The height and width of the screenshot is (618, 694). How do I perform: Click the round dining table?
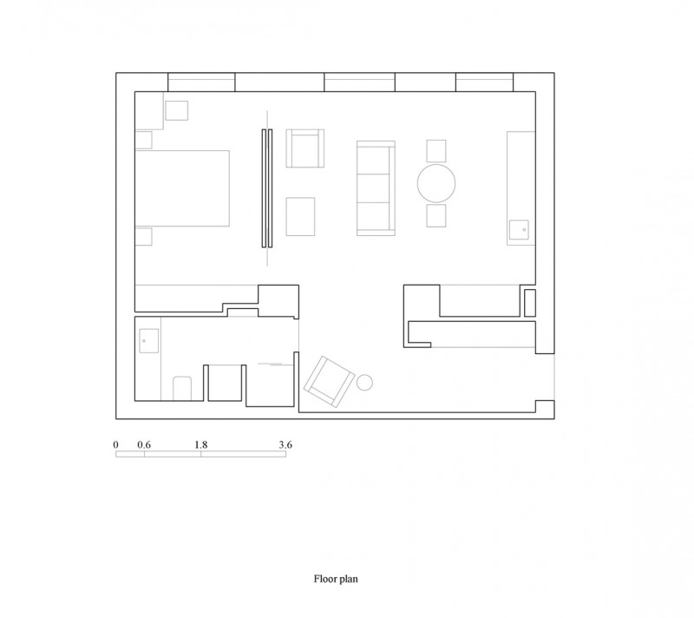point(436,183)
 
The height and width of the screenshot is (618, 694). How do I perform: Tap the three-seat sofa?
point(376,188)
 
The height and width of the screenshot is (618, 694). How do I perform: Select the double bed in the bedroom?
point(182,188)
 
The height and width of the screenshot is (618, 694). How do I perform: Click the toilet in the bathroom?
point(182,389)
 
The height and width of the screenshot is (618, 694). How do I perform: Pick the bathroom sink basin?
point(148,341)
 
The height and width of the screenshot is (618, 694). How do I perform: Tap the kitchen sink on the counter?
point(519,230)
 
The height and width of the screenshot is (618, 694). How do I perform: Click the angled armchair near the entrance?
point(330,382)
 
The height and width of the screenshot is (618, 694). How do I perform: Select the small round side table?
point(364,383)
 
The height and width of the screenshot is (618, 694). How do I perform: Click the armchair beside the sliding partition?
point(305,148)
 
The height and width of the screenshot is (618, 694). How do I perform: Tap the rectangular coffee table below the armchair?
point(300,216)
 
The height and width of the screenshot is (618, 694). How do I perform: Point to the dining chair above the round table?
point(436,151)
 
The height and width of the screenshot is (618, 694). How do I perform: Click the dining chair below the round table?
point(436,215)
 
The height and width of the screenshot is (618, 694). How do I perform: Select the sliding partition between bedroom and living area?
point(267,188)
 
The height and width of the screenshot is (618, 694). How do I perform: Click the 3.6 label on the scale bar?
point(285,445)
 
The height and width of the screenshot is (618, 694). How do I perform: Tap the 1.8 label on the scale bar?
point(201,445)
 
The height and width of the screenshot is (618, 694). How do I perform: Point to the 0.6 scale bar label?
point(144,445)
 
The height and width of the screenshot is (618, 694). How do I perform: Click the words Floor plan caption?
point(336,579)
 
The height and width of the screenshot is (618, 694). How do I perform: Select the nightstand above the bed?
point(143,140)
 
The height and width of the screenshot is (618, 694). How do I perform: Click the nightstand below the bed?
point(143,237)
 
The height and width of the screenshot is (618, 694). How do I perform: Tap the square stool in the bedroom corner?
point(177,110)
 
